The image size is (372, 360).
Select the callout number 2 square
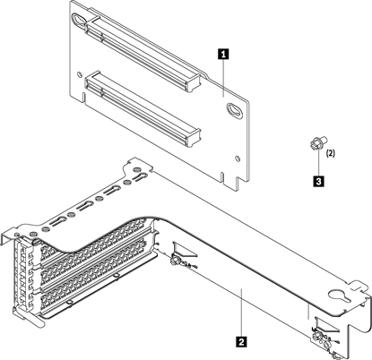(238, 339)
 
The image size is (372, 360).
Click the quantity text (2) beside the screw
(330, 153)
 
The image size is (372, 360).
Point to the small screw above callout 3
(316, 143)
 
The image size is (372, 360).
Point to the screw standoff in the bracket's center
(177, 261)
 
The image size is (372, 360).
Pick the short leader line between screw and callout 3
(317, 163)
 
